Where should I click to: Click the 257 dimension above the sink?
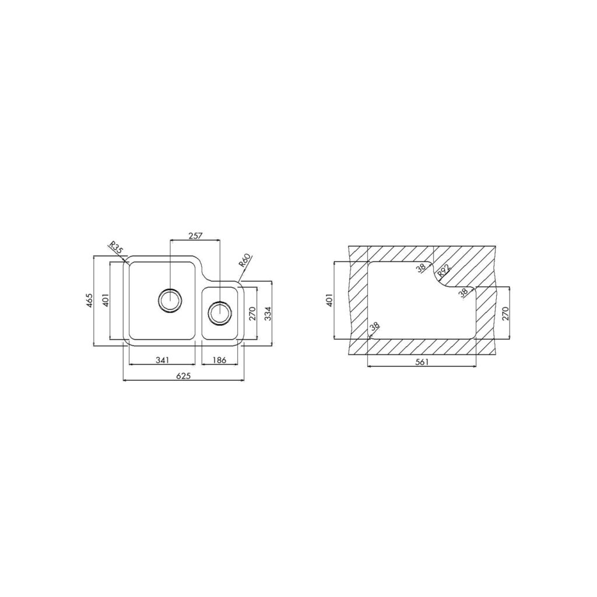195,236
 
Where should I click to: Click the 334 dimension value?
268,313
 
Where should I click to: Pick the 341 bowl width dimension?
162,360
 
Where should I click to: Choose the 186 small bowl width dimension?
220,360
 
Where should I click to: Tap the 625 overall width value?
184,376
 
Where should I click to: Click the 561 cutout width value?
422,363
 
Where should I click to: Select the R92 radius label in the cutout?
444,271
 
